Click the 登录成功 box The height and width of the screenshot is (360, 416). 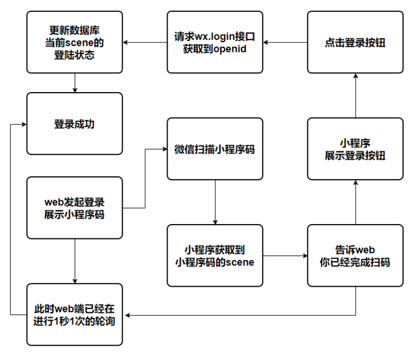(74, 123)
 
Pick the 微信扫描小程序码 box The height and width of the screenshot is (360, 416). (215, 150)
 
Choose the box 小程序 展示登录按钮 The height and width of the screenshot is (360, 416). (355, 149)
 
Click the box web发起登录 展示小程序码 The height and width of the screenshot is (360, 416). (74, 208)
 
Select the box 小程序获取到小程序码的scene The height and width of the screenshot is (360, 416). (215, 255)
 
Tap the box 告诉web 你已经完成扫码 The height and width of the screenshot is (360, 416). (355, 255)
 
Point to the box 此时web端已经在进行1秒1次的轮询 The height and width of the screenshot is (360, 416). (74, 315)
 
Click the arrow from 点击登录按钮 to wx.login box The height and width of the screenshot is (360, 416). (285, 42)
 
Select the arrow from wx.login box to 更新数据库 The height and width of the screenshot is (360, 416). (145, 42)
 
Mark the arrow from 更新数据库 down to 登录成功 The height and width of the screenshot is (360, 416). (74, 82)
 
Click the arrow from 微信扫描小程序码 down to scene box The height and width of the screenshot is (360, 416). (215, 202)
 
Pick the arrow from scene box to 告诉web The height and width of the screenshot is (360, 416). (285, 256)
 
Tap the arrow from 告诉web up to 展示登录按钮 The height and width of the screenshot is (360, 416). (355, 202)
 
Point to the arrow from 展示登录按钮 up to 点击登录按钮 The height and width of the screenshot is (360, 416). (355, 96)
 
